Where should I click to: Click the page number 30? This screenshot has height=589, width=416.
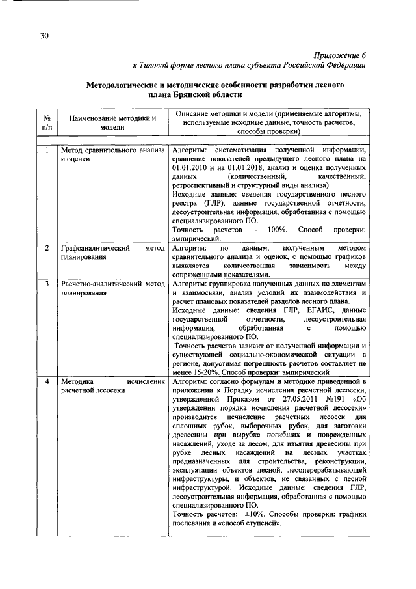click(x=44, y=36)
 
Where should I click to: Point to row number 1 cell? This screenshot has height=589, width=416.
click(x=47, y=150)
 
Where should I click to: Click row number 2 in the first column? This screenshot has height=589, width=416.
click(x=47, y=249)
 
